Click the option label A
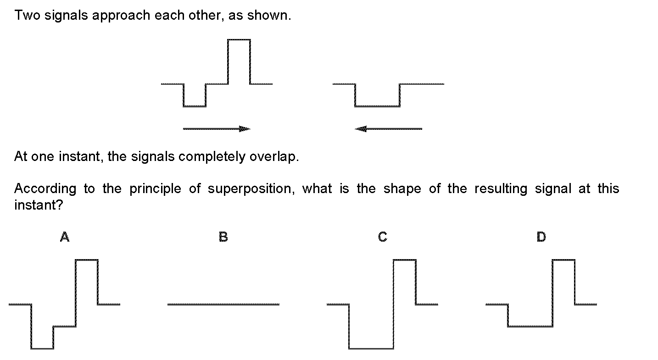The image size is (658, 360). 65,237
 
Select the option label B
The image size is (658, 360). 223,237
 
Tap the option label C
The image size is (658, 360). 383,237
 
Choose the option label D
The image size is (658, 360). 541,237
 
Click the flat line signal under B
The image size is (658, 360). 223,305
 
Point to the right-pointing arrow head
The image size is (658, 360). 245,129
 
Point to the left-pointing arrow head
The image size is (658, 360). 360,129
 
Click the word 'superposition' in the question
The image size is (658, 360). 251,189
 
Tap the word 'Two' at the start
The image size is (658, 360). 28,15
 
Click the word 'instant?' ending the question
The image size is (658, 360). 39,205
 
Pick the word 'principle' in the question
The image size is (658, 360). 156,189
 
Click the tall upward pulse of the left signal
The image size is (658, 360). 239,39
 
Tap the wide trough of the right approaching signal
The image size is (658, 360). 378,106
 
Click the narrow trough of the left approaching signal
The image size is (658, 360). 195,106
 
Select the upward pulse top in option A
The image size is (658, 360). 87,260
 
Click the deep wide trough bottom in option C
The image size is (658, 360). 371,349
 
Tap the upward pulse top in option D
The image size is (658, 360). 563,260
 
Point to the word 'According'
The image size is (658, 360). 45,189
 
